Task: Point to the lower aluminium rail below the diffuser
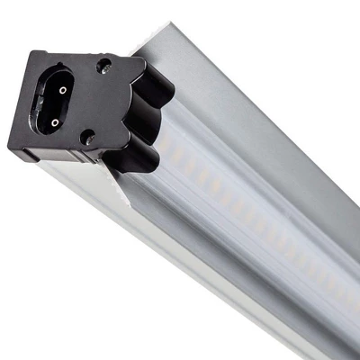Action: coord(180,270)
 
